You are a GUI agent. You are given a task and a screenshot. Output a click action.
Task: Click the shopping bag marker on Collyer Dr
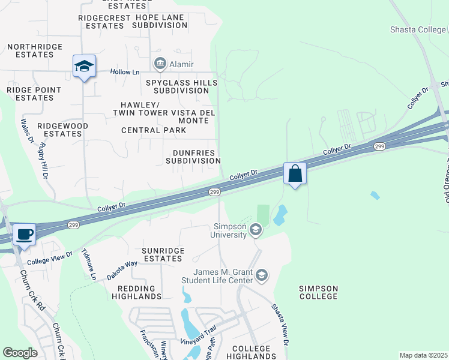tap(295, 174)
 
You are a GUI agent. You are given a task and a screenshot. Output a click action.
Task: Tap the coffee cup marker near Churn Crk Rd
tap(24, 234)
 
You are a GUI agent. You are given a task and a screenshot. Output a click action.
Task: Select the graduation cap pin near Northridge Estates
tap(85, 67)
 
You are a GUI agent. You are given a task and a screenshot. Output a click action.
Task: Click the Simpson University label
tap(230, 230)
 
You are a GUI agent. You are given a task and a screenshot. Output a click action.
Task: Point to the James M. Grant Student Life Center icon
tap(261, 275)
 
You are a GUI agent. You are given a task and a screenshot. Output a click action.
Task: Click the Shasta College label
tap(418, 29)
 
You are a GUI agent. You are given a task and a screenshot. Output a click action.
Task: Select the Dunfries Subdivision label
tap(193, 157)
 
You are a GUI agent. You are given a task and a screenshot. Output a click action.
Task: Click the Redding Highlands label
tap(136, 292)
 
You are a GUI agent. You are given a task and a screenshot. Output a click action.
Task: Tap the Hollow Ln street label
tap(125, 72)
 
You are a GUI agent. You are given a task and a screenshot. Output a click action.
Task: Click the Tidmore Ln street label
tap(89, 263)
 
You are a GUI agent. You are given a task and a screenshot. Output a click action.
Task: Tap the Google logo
tap(20, 352)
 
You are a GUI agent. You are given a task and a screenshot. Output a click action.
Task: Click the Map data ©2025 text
tap(423, 355)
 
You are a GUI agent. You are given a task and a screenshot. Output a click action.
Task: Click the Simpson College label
tap(318, 293)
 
